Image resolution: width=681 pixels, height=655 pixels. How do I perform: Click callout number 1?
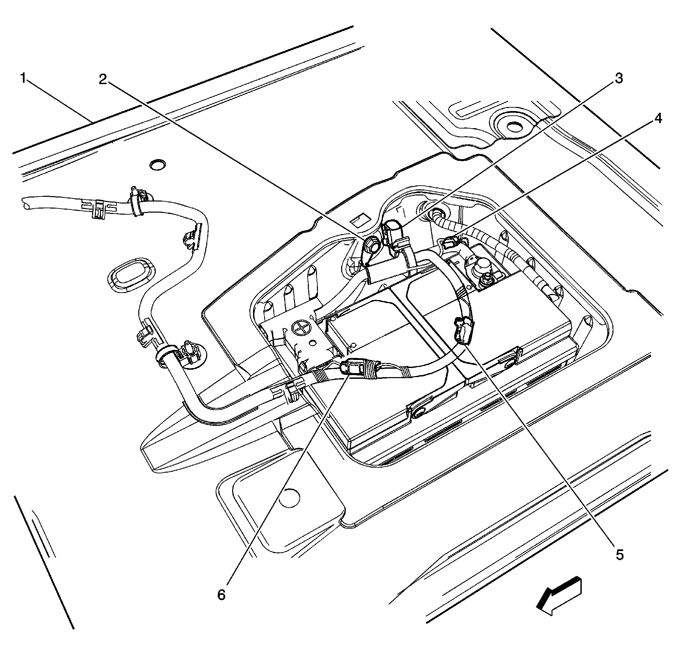tap(23, 78)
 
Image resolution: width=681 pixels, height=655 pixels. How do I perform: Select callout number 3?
tap(619, 78)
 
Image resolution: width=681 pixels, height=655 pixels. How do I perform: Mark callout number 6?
tap(221, 595)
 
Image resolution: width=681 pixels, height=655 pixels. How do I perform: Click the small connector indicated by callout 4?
tap(449, 241)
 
